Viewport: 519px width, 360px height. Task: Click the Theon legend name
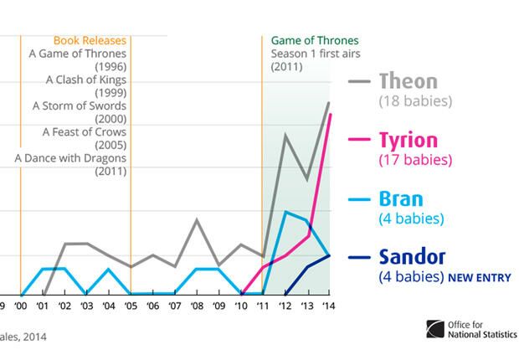[x=409, y=81]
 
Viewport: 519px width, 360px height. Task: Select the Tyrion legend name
[x=409, y=141]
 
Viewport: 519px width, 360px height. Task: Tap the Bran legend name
[x=401, y=199]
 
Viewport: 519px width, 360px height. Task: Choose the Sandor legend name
[x=412, y=257]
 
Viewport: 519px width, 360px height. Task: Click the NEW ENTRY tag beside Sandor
[x=480, y=277]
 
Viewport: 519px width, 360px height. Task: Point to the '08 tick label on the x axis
[x=197, y=306]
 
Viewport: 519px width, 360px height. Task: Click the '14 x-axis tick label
[x=329, y=306]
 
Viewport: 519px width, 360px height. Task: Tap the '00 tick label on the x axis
[x=21, y=306]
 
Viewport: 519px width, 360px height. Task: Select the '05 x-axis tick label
[x=131, y=306]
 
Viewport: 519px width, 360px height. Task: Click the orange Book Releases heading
[x=90, y=40]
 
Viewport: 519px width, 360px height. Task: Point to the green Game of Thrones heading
[x=315, y=40]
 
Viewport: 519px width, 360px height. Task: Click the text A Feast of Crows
[x=85, y=132]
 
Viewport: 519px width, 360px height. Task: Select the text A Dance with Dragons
[x=70, y=158]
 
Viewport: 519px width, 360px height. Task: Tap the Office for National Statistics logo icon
[x=435, y=329]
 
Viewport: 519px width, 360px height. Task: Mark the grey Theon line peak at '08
[x=197, y=220]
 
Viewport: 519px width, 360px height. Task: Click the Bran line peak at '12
[x=285, y=212]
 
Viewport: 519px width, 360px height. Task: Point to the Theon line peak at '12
[x=285, y=135]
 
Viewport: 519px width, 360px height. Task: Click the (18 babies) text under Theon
[x=415, y=101]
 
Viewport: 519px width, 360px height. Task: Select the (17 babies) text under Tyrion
[x=415, y=160]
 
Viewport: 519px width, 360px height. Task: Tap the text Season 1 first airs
[x=316, y=54]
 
